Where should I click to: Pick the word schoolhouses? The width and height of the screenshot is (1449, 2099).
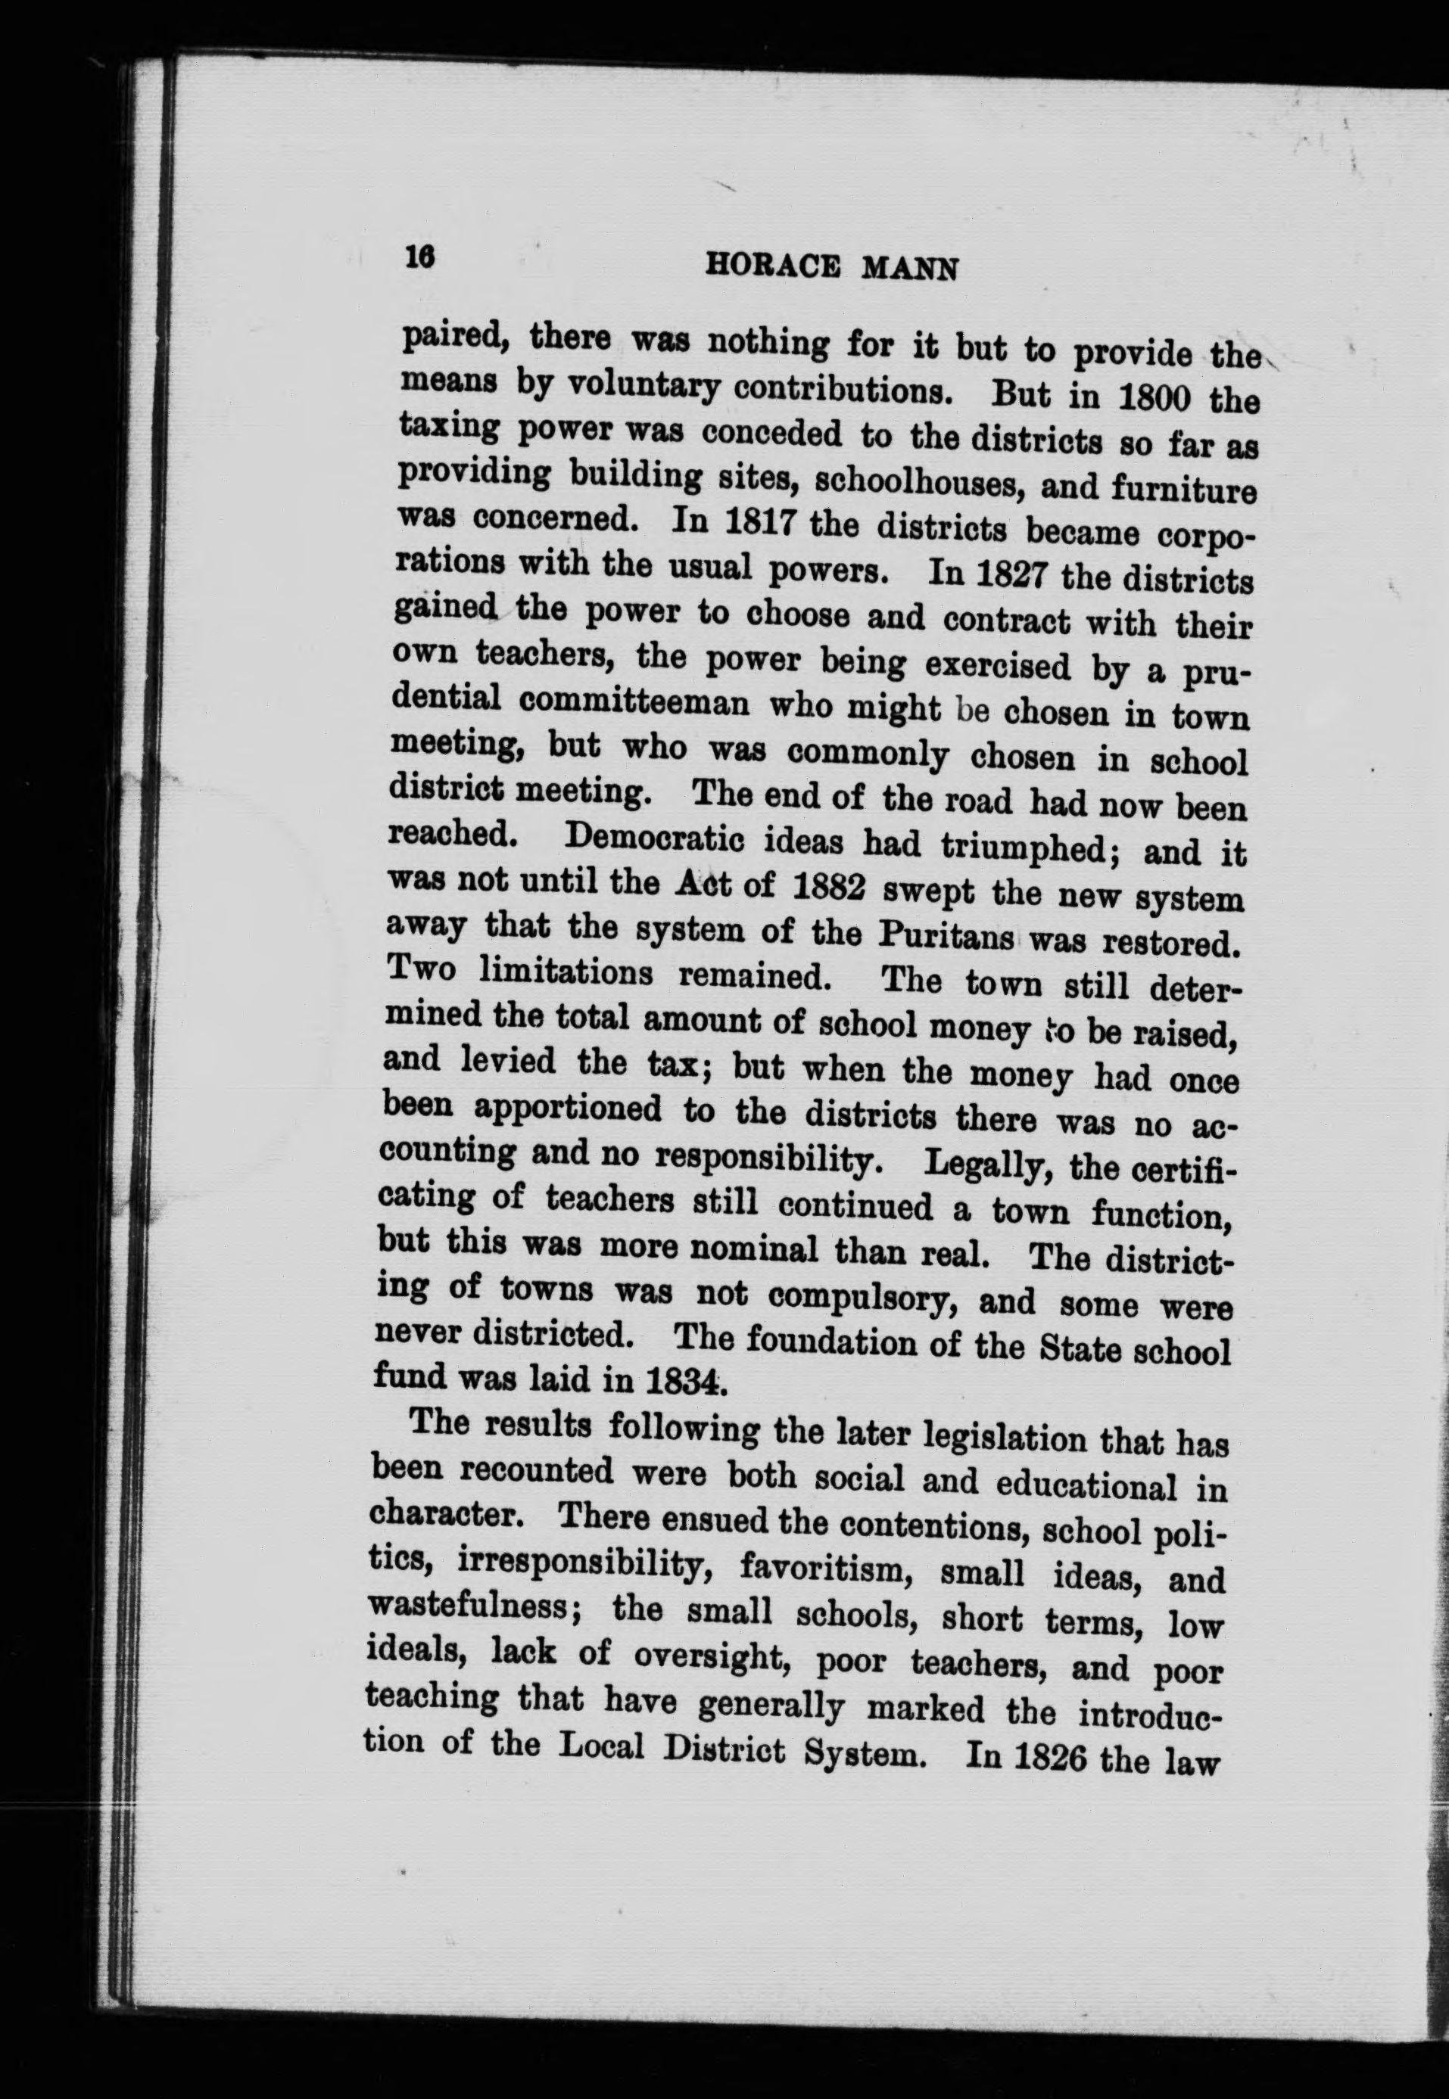point(917,483)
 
